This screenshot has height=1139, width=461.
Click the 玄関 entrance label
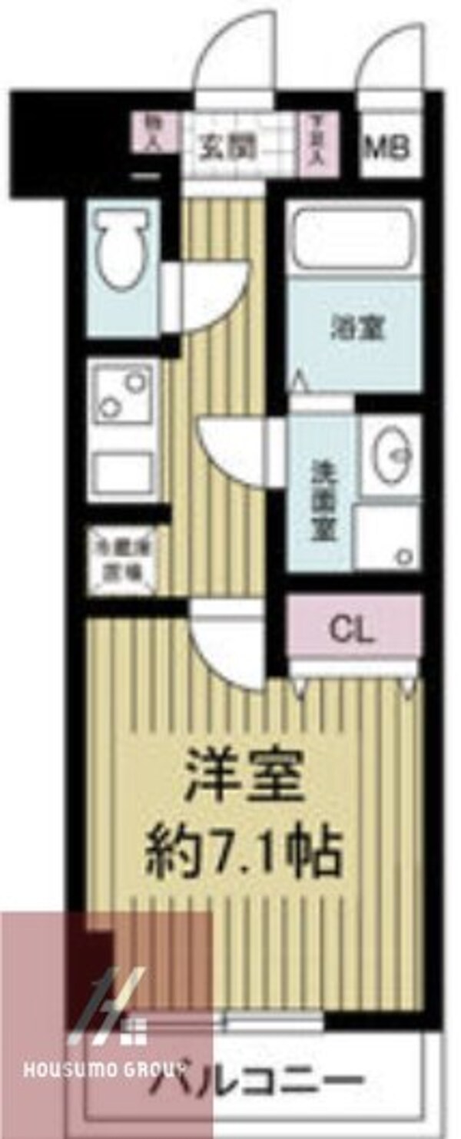(x=227, y=148)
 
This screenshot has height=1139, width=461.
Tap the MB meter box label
(x=390, y=147)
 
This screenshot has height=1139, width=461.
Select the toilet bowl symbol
(x=122, y=249)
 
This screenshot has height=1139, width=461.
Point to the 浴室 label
(x=357, y=329)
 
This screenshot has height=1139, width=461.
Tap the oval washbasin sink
(x=391, y=452)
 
